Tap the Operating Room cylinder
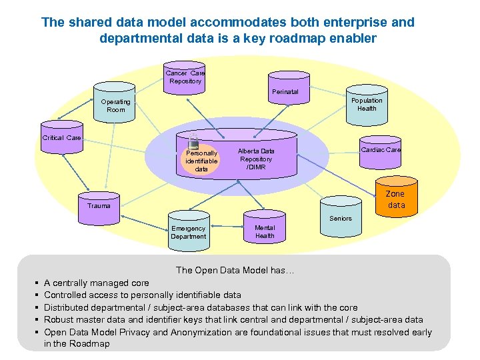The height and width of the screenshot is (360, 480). [x=116, y=103]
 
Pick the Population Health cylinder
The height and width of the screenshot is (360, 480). [x=366, y=104]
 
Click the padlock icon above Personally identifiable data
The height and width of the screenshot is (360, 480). [x=194, y=141]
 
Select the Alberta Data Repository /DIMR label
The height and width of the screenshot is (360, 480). [x=257, y=159]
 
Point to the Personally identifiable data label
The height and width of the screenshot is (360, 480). [x=201, y=161]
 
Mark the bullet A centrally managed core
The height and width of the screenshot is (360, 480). [x=97, y=283]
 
